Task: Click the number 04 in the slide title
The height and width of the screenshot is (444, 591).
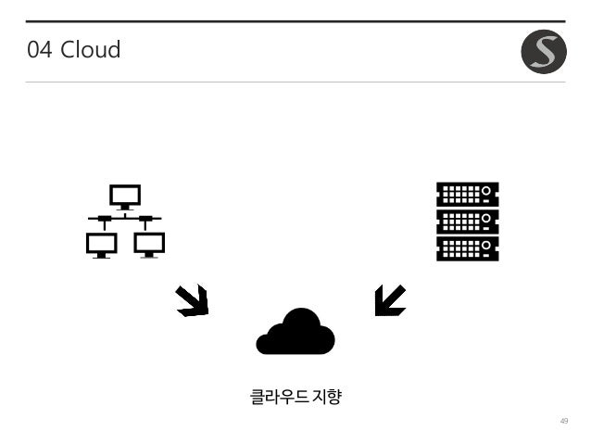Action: (39, 50)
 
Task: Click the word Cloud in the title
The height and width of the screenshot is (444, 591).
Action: (90, 50)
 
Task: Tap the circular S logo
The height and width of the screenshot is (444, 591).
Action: (543, 53)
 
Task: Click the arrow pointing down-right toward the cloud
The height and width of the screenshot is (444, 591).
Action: (192, 300)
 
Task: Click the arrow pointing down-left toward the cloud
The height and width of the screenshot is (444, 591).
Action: (389, 300)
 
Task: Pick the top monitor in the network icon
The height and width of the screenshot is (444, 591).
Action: (125, 196)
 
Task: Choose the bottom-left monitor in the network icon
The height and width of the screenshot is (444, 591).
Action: (101, 244)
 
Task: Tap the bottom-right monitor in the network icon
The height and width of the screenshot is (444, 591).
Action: (148, 244)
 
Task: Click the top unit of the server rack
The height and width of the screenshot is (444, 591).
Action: (467, 194)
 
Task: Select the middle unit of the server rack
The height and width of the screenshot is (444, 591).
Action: (467, 222)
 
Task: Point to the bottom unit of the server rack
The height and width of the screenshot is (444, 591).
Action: (467, 248)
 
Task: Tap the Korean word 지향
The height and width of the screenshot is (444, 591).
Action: (328, 398)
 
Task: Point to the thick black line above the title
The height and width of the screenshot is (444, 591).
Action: (295, 20)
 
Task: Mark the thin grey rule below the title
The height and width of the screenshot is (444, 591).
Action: (295, 82)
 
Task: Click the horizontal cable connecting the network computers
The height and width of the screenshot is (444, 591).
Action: (125, 219)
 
